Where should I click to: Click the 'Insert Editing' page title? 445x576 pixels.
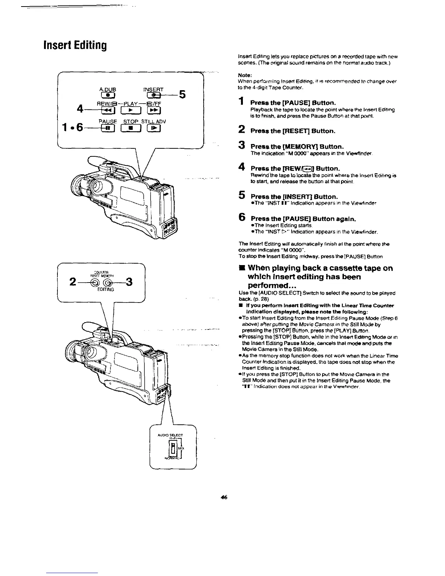click(x=75, y=45)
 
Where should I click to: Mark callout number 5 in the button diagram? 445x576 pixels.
click(x=182, y=95)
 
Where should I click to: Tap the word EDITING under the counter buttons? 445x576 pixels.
click(x=105, y=289)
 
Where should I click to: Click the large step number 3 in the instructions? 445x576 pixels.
click(x=241, y=145)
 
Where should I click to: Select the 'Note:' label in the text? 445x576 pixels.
click(x=244, y=75)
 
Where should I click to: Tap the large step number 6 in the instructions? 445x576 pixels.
click(x=241, y=217)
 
